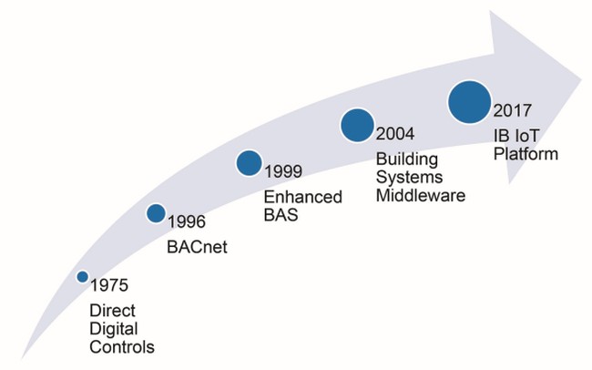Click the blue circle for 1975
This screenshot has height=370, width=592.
coord(82,277)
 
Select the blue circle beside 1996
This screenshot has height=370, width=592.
coord(156,213)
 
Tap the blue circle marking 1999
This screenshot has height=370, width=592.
coord(250,163)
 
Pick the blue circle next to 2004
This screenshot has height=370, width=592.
coord(357,126)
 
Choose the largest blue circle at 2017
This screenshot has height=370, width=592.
coord(470,102)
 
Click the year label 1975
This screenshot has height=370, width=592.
coord(109,285)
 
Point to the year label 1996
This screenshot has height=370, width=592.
coord(187,221)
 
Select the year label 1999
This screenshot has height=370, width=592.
coord(283,171)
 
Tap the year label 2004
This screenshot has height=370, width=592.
coord(395,134)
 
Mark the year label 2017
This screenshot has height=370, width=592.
coord(513,110)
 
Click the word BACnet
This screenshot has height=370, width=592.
coord(197,247)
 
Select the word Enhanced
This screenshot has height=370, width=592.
coord(302,197)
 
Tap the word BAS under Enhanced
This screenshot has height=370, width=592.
coord(281,215)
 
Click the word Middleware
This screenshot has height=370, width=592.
coord(421,196)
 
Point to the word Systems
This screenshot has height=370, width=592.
coord(409,178)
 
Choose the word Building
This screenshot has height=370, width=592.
coord(407,159)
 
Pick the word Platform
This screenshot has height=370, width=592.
coord(526,154)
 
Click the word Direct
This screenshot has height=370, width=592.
coord(112,311)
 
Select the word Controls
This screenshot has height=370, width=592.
coord(122,347)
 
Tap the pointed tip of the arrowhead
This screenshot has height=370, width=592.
coord(582,80)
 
